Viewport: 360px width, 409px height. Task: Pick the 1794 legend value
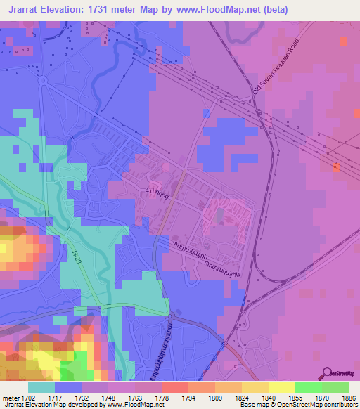(188, 397)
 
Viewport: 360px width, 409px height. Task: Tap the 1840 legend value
(268, 397)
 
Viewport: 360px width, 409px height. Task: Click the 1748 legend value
(108, 397)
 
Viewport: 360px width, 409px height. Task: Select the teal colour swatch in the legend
(41, 387)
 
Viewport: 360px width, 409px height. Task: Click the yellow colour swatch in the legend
(281, 387)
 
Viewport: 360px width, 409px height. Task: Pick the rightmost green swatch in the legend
(335, 387)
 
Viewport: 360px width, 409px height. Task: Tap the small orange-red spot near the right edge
(336, 167)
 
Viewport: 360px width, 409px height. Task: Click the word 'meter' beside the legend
(11, 397)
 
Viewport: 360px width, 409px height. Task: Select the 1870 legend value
(321, 397)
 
